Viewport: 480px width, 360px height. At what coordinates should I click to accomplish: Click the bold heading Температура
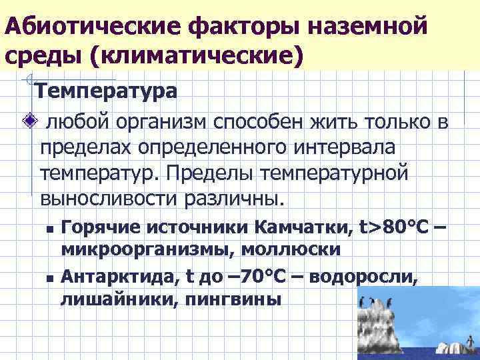[105, 90]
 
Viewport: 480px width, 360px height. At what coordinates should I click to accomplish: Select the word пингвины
[229, 297]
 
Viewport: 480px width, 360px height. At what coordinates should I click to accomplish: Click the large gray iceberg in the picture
[383, 324]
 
